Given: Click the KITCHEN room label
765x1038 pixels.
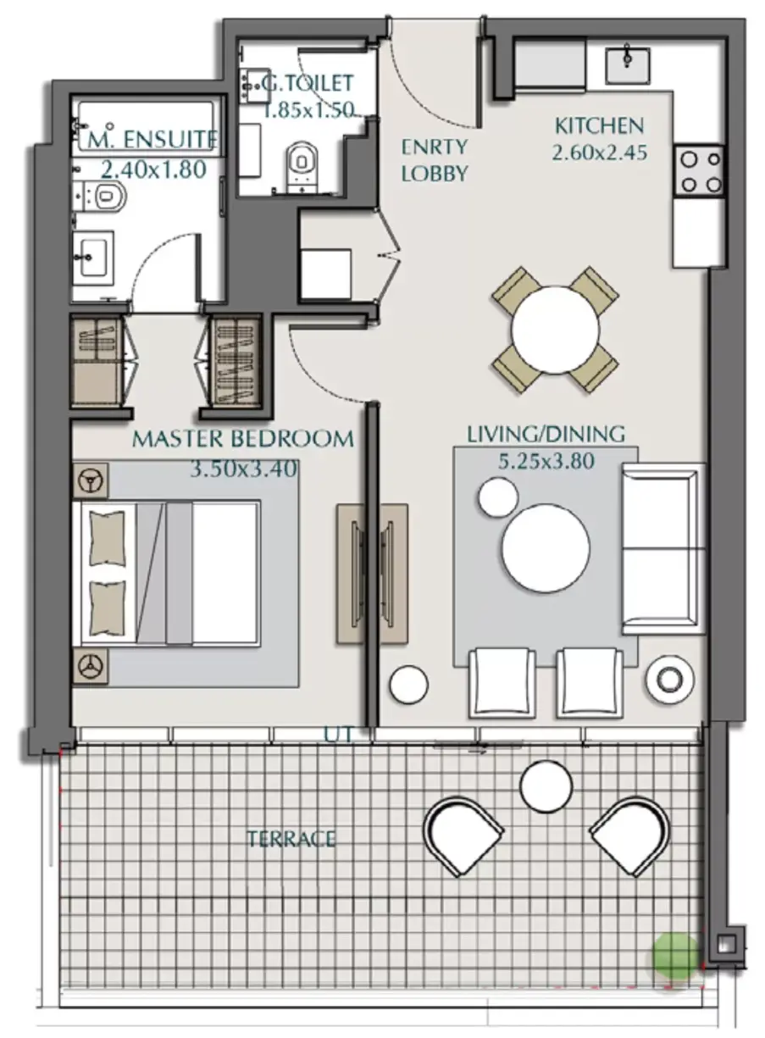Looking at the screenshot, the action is (x=600, y=126).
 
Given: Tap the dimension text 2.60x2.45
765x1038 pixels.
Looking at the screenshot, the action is (x=600, y=153).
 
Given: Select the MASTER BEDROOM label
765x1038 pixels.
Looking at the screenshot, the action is (x=243, y=439).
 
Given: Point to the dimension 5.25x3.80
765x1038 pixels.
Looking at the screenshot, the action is (x=546, y=461).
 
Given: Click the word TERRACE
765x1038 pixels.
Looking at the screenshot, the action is (x=291, y=839).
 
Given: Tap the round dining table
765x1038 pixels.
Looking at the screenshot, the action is (x=555, y=330).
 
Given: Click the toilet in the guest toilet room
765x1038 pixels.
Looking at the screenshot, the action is (x=302, y=166).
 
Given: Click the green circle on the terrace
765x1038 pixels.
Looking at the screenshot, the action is (x=675, y=956).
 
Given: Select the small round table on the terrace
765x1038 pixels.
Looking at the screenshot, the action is (x=546, y=786).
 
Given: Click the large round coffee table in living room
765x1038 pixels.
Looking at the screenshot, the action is (x=546, y=548).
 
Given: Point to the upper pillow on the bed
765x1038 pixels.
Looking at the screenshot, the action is (x=107, y=538).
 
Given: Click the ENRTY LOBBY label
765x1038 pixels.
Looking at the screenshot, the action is (x=435, y=160).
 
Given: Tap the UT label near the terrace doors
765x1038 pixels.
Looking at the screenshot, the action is (x=338, y=735).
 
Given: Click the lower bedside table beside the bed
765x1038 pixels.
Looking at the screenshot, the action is (x=91, y=666).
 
